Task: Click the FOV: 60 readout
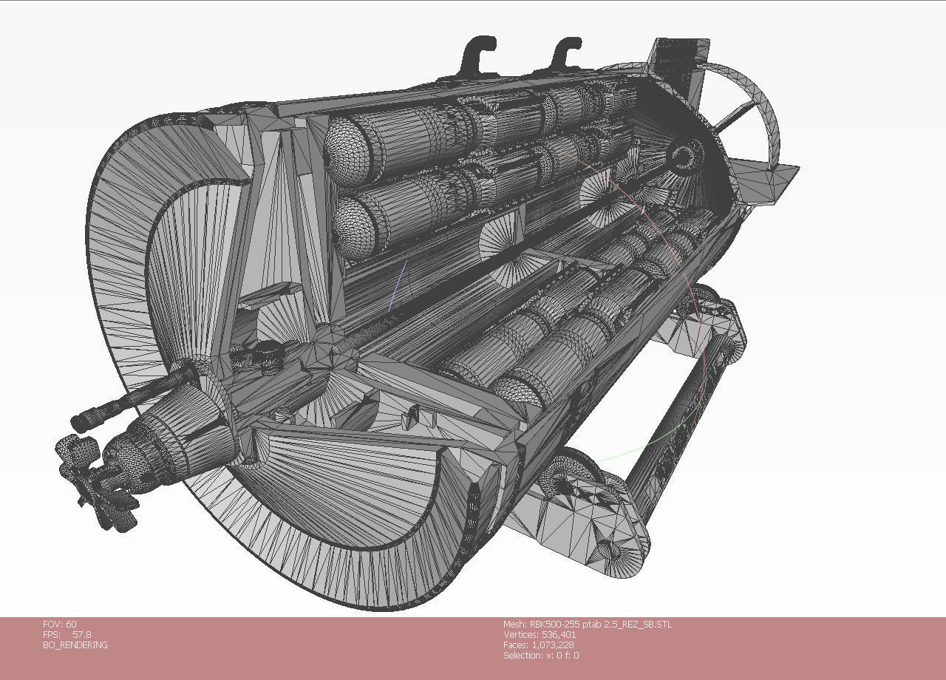point(60,624)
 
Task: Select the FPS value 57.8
point(81,634)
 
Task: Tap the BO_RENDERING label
point(75,645)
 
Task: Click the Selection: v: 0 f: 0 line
point(541,655)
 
